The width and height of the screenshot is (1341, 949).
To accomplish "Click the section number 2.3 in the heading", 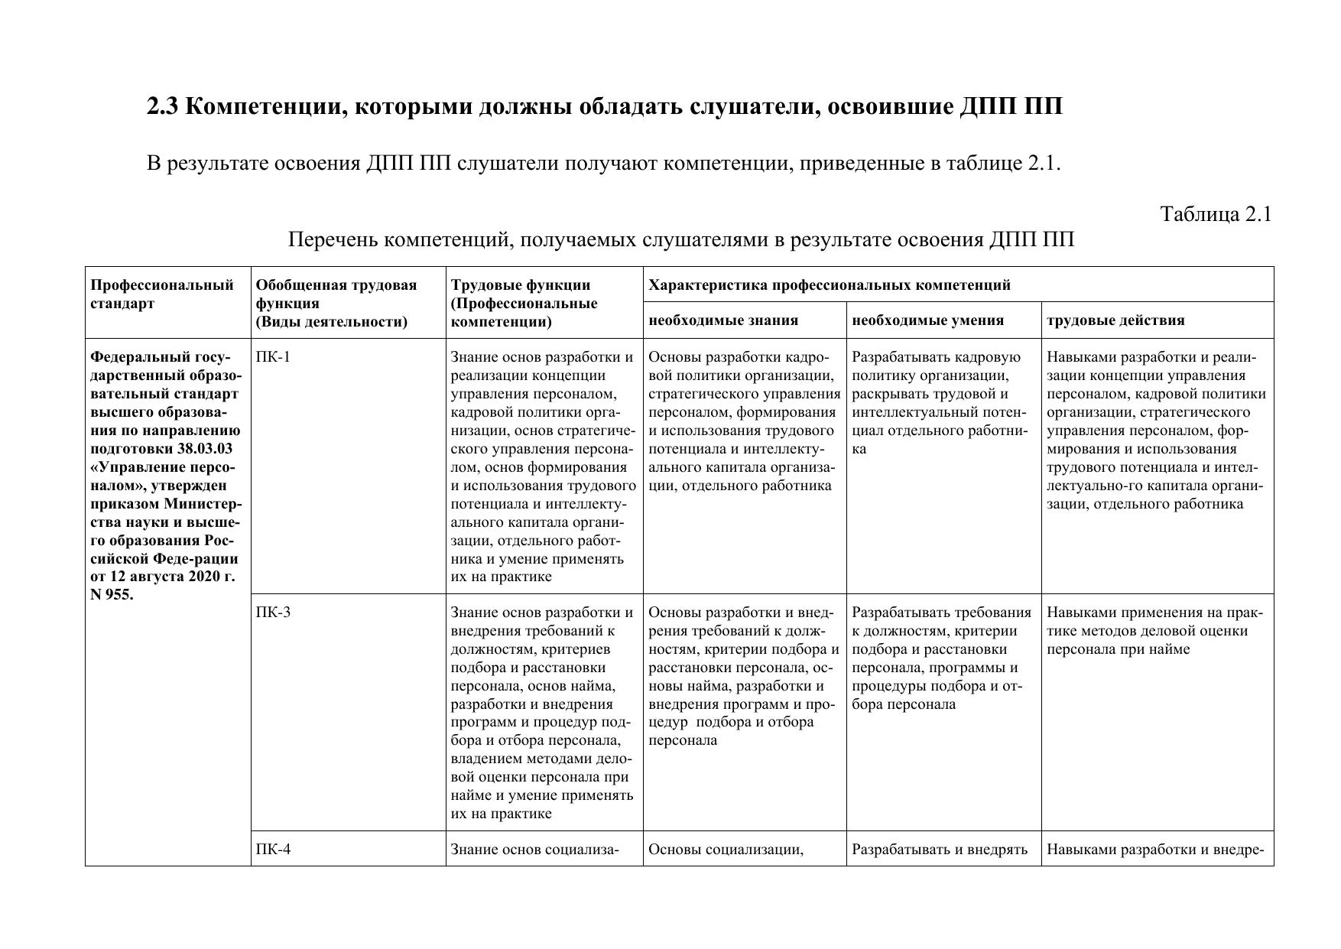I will pyautogui.click(x=162, y=107).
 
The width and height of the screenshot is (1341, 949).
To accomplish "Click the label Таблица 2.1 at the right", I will pyautogui.click(x=1216, y=214).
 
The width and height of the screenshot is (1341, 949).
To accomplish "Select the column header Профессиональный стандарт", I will pyautogui.click(x=162, y=294).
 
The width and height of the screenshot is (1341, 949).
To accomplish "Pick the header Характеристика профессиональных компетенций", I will pyautogui.click(x=830, y=285).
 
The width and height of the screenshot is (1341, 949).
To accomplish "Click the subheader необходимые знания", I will pyautogui.click(x=723, y=320).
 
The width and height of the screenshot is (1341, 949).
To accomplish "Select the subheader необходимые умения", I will pyautogui.click(x=927, y=320).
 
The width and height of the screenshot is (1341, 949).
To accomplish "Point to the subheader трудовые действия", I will pyautogui.click(x=1115, y=320).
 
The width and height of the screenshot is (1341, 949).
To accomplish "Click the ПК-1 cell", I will pyautogui.click(x=273, y=357).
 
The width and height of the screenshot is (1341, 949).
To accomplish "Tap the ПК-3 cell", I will pyautogui.click(x=273, y=613).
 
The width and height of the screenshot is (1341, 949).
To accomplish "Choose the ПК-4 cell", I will pyautogui.click(x=273, y=849).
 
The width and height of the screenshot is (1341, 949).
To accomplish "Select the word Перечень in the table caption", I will pyautogui.click(x=332, y=240).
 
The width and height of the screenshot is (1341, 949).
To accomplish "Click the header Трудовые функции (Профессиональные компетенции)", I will pyautogui.click(x=524, y=303).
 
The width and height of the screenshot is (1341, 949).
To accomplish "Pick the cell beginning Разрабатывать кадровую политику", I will pyautogui.click(x=937, y=403).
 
